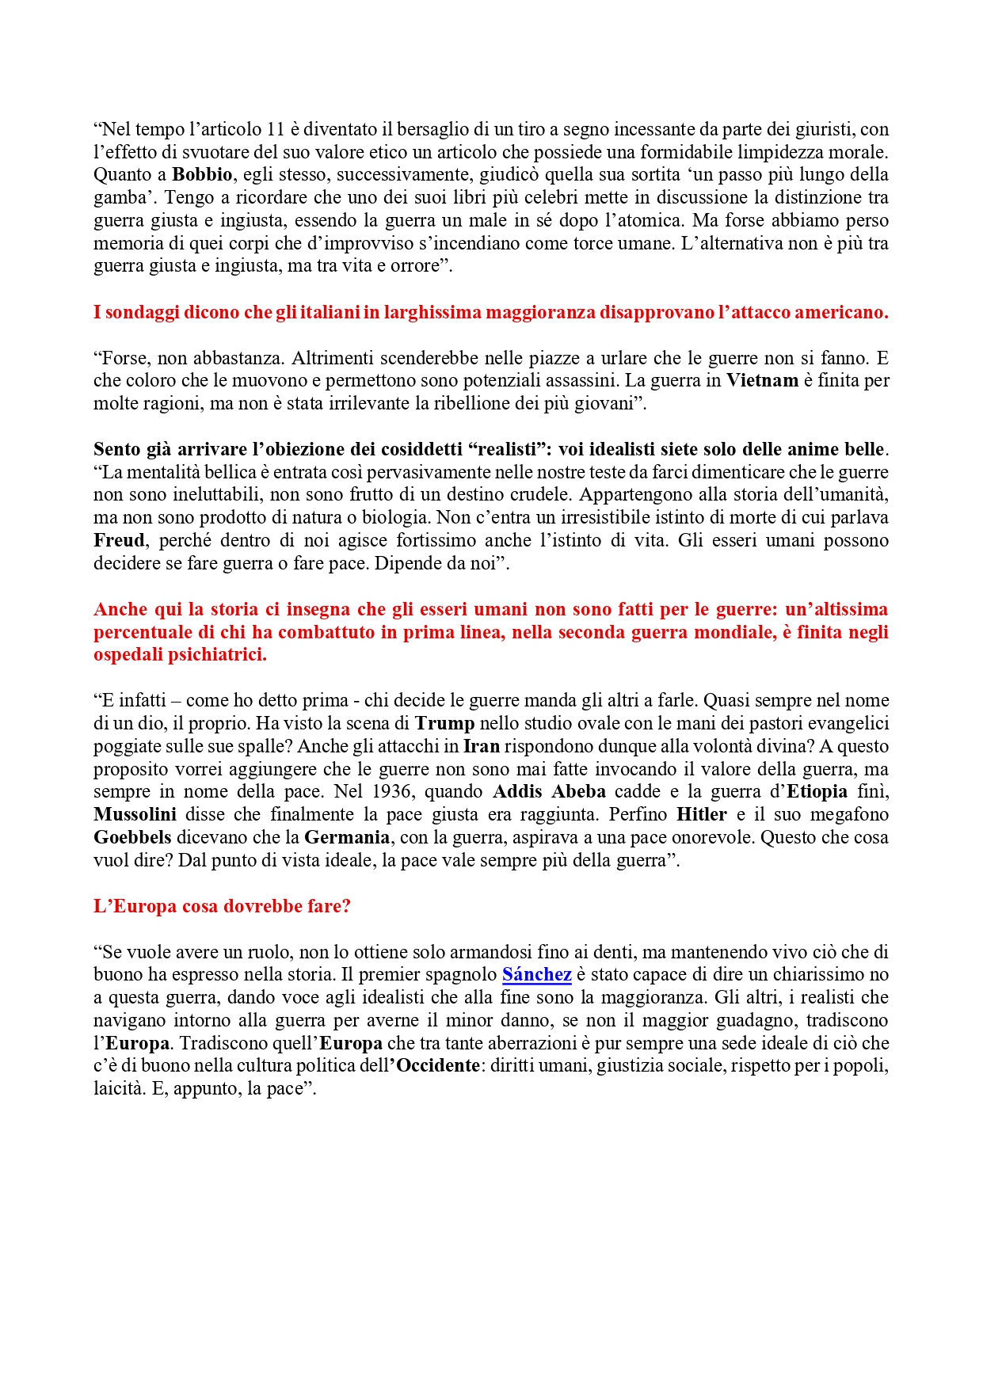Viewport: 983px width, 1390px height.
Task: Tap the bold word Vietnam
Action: (x=762, y=380)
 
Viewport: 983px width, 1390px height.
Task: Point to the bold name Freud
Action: (x=119, y=541)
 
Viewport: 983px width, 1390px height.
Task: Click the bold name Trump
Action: (x=444, y=724)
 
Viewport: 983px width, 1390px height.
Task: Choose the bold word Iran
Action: (x=481, y=747)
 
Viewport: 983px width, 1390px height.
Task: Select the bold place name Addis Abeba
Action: (x=549, y=792)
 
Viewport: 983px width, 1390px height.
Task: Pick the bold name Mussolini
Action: (x=135, y=815)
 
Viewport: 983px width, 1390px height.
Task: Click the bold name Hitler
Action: (x=701, y=815)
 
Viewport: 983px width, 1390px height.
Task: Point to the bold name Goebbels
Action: (x=132, y=838)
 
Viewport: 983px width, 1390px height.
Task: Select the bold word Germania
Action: (x=347, y=838)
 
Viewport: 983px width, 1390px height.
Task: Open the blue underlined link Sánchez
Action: (x=536, y=975)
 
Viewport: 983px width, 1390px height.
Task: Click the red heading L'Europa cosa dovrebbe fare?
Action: (x=222, y=907)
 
